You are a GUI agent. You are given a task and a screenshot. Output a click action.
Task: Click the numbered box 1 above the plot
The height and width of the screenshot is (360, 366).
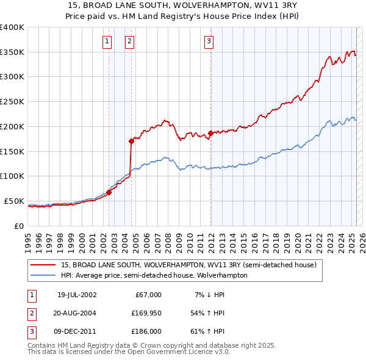(x=107, y=41)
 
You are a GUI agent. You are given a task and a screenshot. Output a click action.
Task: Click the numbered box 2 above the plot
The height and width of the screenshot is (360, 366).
(x=130, y=41)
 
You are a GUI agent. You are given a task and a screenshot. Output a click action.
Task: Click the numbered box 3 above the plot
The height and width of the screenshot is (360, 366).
(x=209, y=41)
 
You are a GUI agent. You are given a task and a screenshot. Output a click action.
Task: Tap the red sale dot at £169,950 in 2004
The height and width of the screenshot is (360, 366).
(x=131, y=141)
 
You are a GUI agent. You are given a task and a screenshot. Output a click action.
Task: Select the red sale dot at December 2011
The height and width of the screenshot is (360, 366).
(x=210, y=133)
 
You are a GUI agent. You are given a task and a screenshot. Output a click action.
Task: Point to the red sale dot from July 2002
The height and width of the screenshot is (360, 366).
(x=109, y=192)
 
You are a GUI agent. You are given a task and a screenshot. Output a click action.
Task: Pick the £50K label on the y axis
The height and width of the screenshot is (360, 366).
(x=14, y=201)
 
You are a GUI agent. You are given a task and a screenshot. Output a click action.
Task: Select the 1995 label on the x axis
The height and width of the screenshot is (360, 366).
(x=28, y=239)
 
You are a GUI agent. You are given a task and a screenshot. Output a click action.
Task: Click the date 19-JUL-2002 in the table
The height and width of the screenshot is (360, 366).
(x=77, y=295)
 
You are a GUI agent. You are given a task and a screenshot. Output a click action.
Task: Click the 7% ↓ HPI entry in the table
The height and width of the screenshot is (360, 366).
(x=209, y=295)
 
